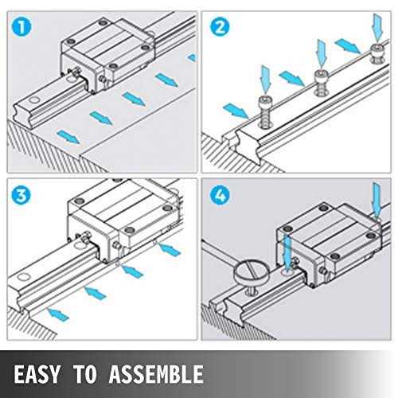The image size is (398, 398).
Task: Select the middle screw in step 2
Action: click(x=322, y=80)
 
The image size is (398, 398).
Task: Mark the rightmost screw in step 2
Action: click(x=377, y=54)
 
